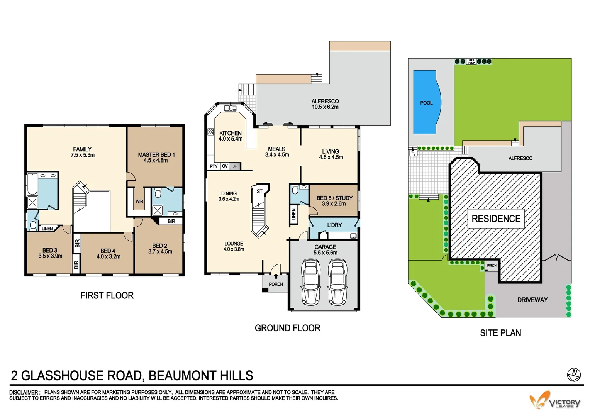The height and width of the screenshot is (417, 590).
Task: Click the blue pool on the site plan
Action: [426, 102]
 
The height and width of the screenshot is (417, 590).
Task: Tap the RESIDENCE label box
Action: [496, 219]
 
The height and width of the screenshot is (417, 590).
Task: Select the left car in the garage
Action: [311, 282]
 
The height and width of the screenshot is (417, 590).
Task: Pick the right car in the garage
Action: [337, 282]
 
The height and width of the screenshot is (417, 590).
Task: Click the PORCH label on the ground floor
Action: [276, 285]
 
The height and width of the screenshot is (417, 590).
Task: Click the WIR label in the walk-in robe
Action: [139, 202]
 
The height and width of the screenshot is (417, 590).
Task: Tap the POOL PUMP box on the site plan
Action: [471, 61]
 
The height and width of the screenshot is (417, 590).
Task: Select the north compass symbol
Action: [574, 374]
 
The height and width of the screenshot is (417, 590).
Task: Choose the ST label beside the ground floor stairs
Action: [259, 192]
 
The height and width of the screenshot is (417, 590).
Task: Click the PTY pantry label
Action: [214, 166]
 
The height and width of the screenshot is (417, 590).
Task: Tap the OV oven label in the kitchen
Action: [225, 166]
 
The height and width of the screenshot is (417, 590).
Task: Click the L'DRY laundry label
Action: [334, 225]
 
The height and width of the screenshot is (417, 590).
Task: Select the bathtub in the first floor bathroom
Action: [32, 185]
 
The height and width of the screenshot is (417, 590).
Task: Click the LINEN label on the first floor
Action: [47, 229]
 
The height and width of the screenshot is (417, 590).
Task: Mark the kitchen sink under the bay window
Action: [230, 108]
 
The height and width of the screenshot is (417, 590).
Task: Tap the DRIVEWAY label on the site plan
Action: [532, 300]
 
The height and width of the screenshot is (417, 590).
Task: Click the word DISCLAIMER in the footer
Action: [24, 392]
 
